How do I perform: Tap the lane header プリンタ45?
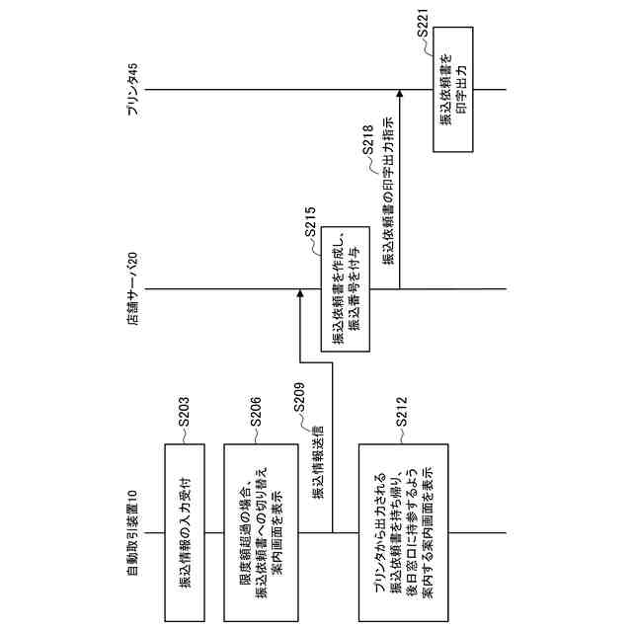point(133,90)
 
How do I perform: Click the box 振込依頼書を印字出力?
point(452,90)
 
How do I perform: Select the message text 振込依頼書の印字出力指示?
point(388,197)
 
